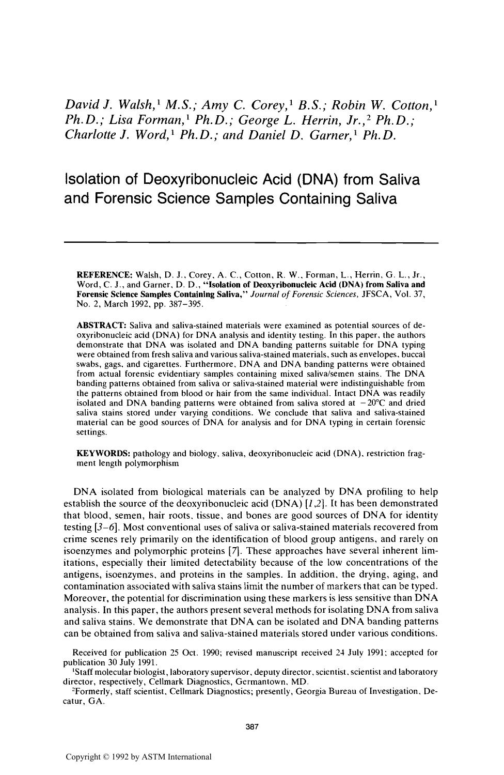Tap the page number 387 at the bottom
click(251, 726)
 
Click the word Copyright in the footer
click(84, 757)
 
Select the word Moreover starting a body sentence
click(85, 598)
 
